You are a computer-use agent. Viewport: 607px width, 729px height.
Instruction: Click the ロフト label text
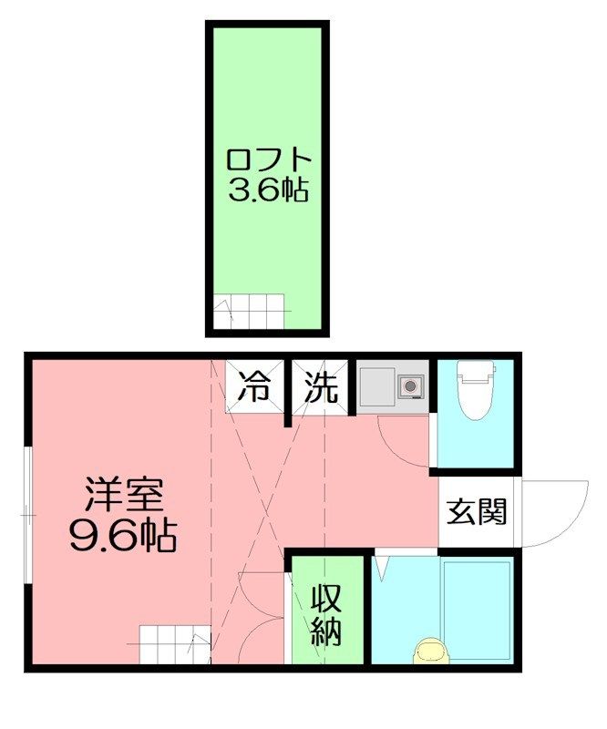tap(269, 159)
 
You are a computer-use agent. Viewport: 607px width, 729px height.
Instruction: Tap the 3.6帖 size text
tap(269, 190)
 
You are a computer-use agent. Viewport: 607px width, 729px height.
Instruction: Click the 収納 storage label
tap(329, 614)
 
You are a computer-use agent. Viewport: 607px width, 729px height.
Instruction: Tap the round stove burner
tap(409, 386)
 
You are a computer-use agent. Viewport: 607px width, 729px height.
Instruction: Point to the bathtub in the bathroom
tap(477, 601)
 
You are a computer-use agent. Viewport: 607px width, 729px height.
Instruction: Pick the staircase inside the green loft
tap(252, 313)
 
